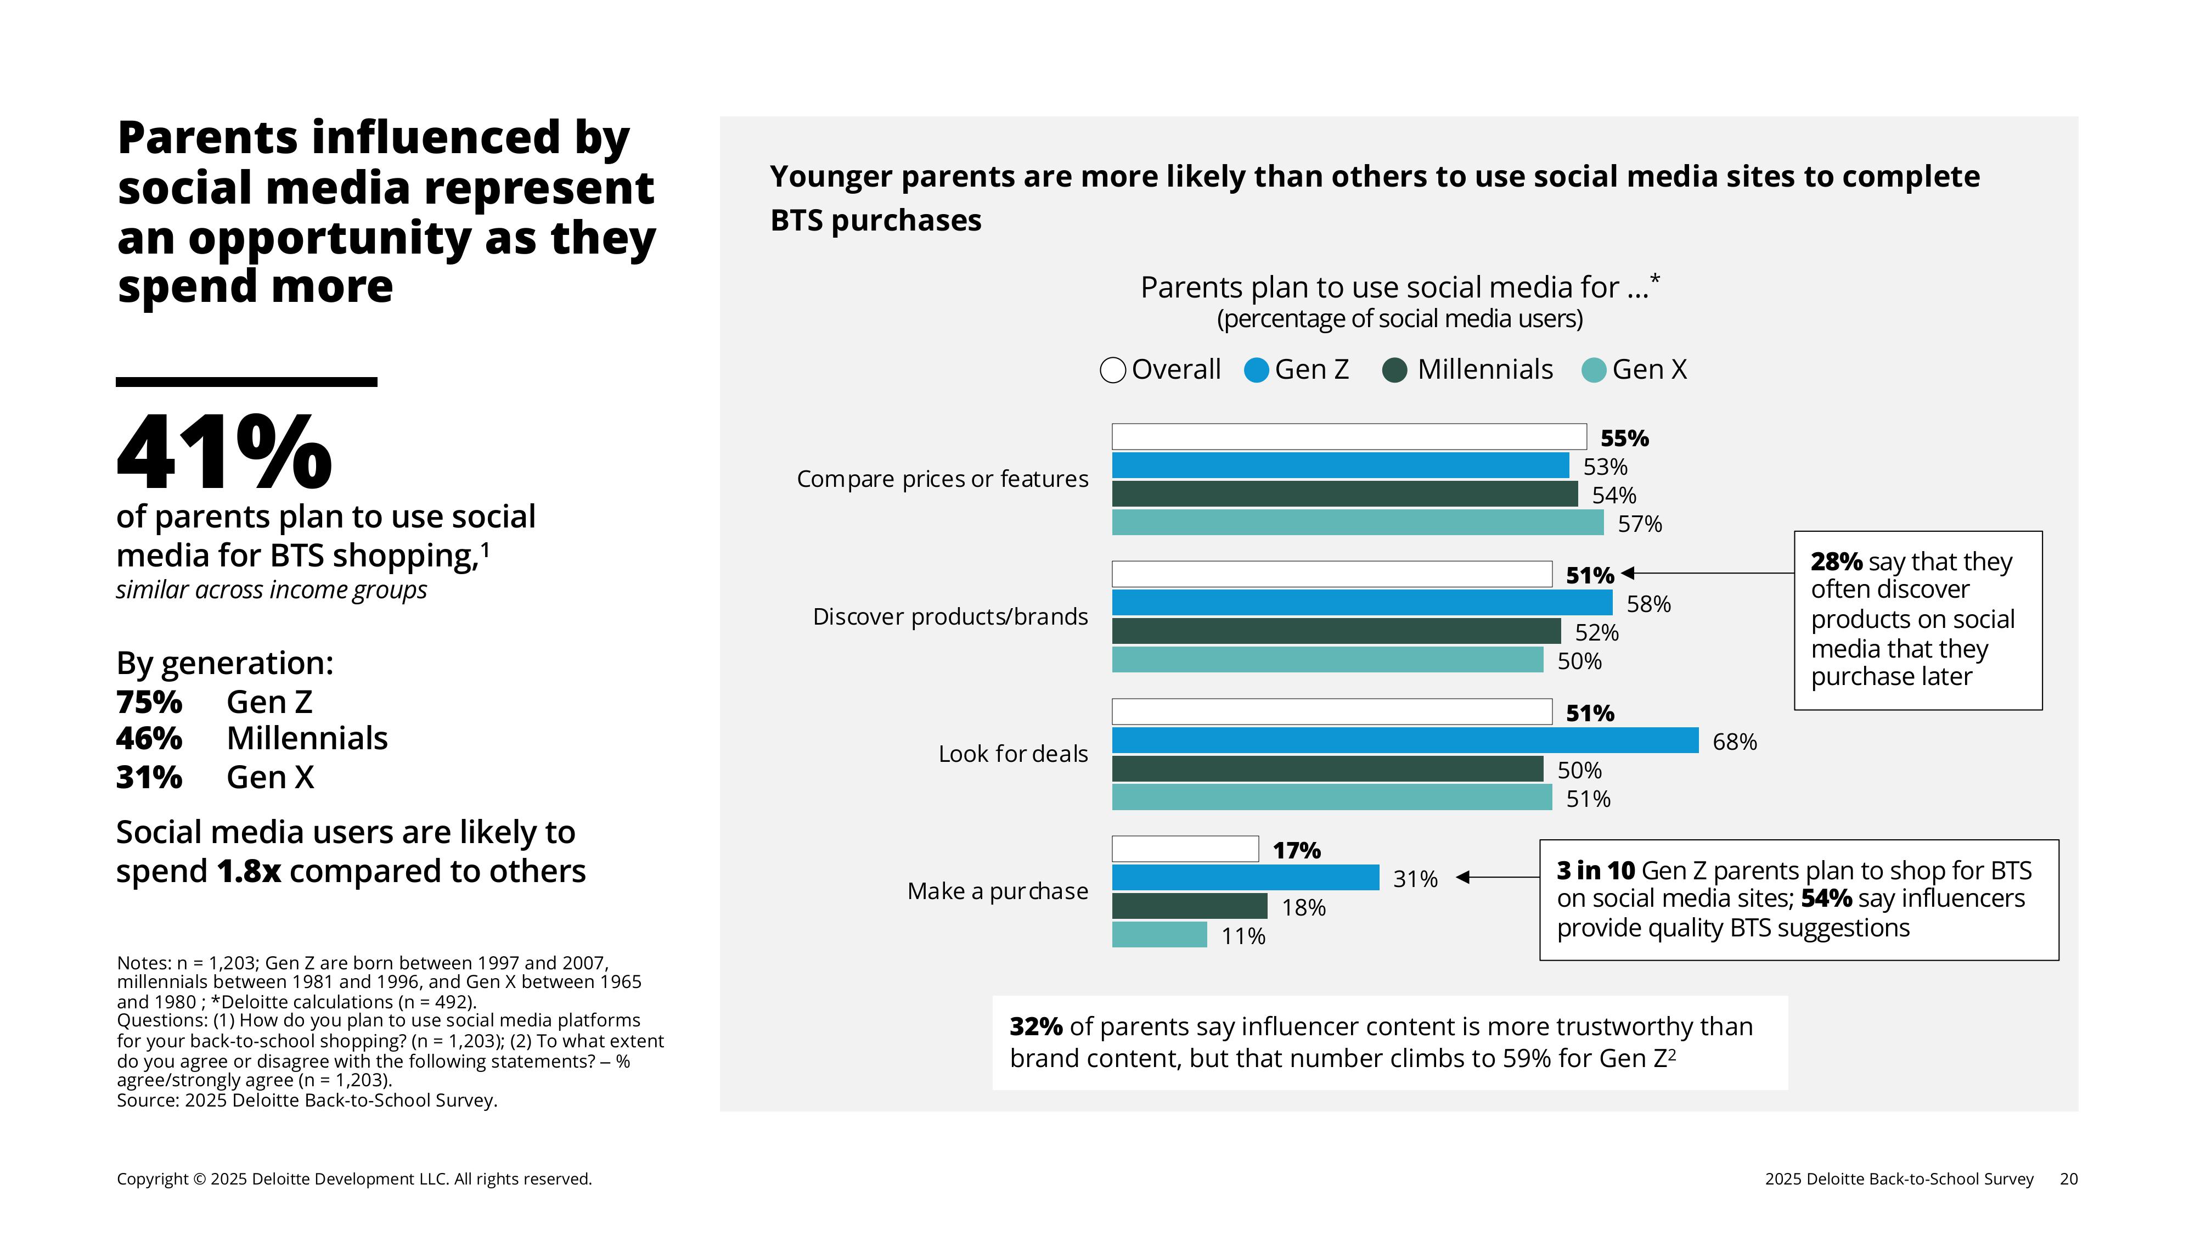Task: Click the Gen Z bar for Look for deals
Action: [x=1404, y=740]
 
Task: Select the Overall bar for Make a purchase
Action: [x=1184, y=849]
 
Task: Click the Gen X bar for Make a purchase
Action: [x=1159, y=935]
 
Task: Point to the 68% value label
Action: [x=1734, y=742]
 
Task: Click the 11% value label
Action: [x=1243, y=937]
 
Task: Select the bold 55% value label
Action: [x=1624, y=439]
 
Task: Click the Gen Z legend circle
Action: [x=1256, y=370]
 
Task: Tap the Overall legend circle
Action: [x=1113, y=370]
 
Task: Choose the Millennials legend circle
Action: [x=1394, y=370]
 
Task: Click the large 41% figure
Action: [x=224, y=453]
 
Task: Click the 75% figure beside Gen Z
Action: [x=149, y=703]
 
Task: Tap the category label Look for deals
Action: [x=1012, y=754]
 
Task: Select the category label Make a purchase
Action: [x=997, y=891]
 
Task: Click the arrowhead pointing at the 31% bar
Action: [x=1463, y=877]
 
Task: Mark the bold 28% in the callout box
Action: [x=1836, y=563]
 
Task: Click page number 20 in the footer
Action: [x=2068, y=1180]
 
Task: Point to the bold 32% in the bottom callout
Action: [x=1035, y=1027]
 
